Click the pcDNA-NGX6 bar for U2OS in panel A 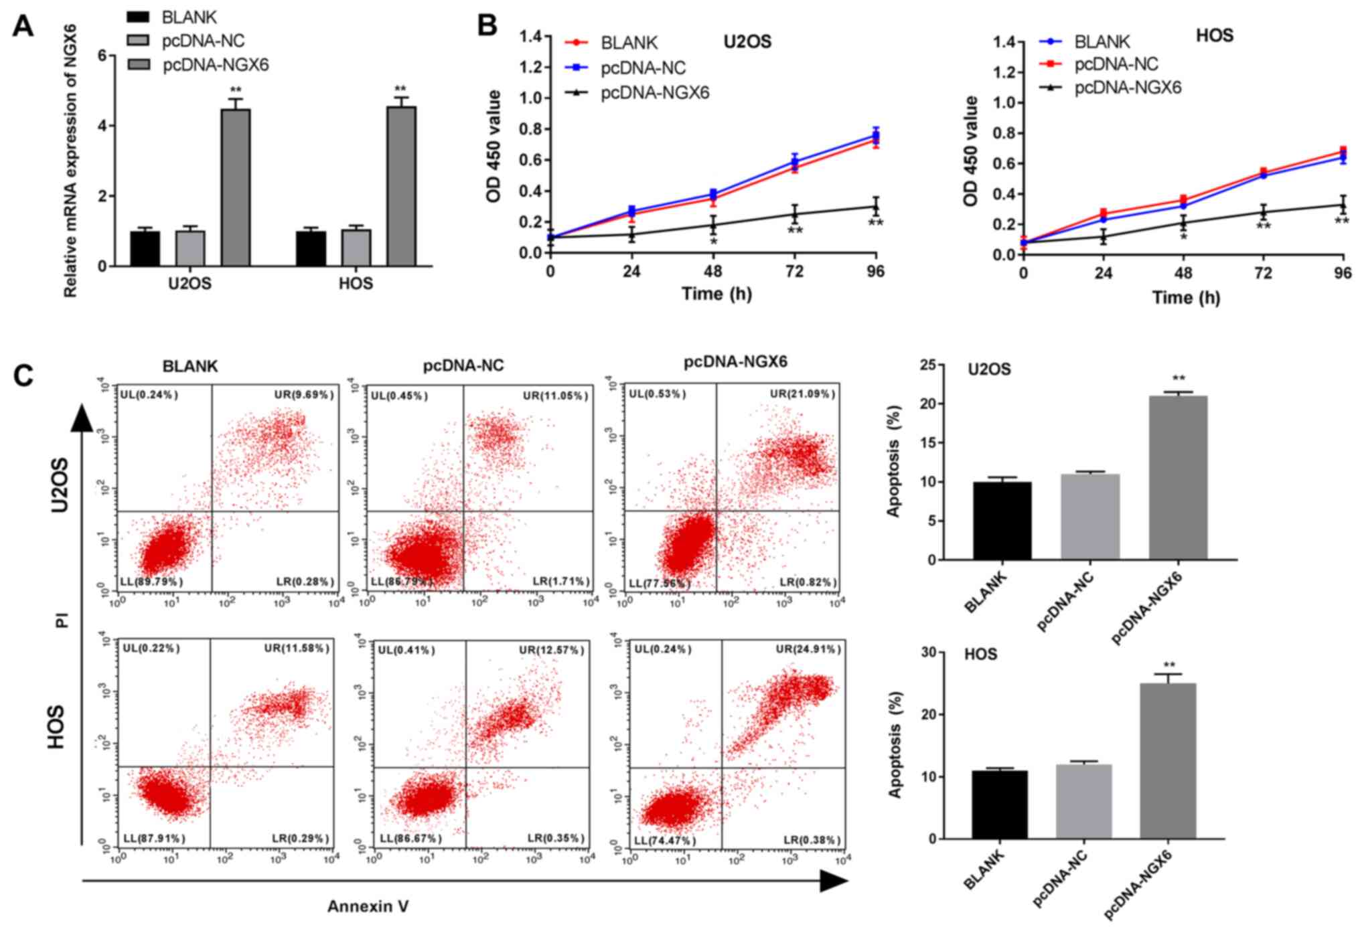pos(236,187)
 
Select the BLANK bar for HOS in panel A pos(311,248)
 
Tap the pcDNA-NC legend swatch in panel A pos(139,41)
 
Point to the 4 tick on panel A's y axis pos(102,126)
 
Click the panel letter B pos(487,26)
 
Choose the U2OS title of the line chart pos(747,42)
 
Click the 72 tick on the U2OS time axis pos(794,271)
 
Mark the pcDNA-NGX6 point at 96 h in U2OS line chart pos(875,206)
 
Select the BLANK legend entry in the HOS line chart pos(1102,42)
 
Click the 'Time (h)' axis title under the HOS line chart pos(1185,297)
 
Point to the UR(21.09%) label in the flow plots pos(802,394)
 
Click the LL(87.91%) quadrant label pos(154,838)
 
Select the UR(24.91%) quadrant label pos(808,649)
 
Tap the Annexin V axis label pos(368,906)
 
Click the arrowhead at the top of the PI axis pos(82,419)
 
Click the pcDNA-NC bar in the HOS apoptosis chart pos(1083,801)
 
